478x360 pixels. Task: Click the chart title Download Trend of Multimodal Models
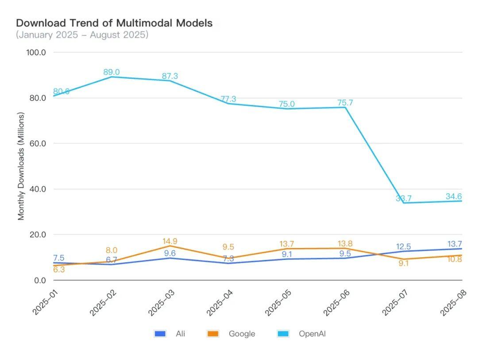[114, 23]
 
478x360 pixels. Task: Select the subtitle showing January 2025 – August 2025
[82, 35]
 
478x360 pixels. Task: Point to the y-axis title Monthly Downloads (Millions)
[21, 166]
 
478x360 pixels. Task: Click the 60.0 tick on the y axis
[37, 143]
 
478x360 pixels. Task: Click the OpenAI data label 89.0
[112, 72]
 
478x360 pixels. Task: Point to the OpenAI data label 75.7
[345, 103]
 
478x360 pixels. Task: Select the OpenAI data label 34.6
[453, 196]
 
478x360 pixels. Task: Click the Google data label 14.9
[170, 241]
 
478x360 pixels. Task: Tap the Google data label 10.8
[453, 259]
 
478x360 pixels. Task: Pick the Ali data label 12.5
[404, 247]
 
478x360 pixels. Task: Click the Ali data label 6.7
[112, 260]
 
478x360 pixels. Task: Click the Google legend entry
[231, 334]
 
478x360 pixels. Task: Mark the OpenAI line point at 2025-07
[404, 203]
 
